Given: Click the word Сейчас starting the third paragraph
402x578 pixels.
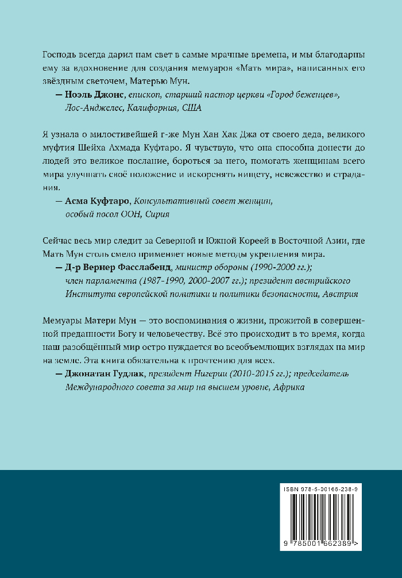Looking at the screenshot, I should coord(59,241).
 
